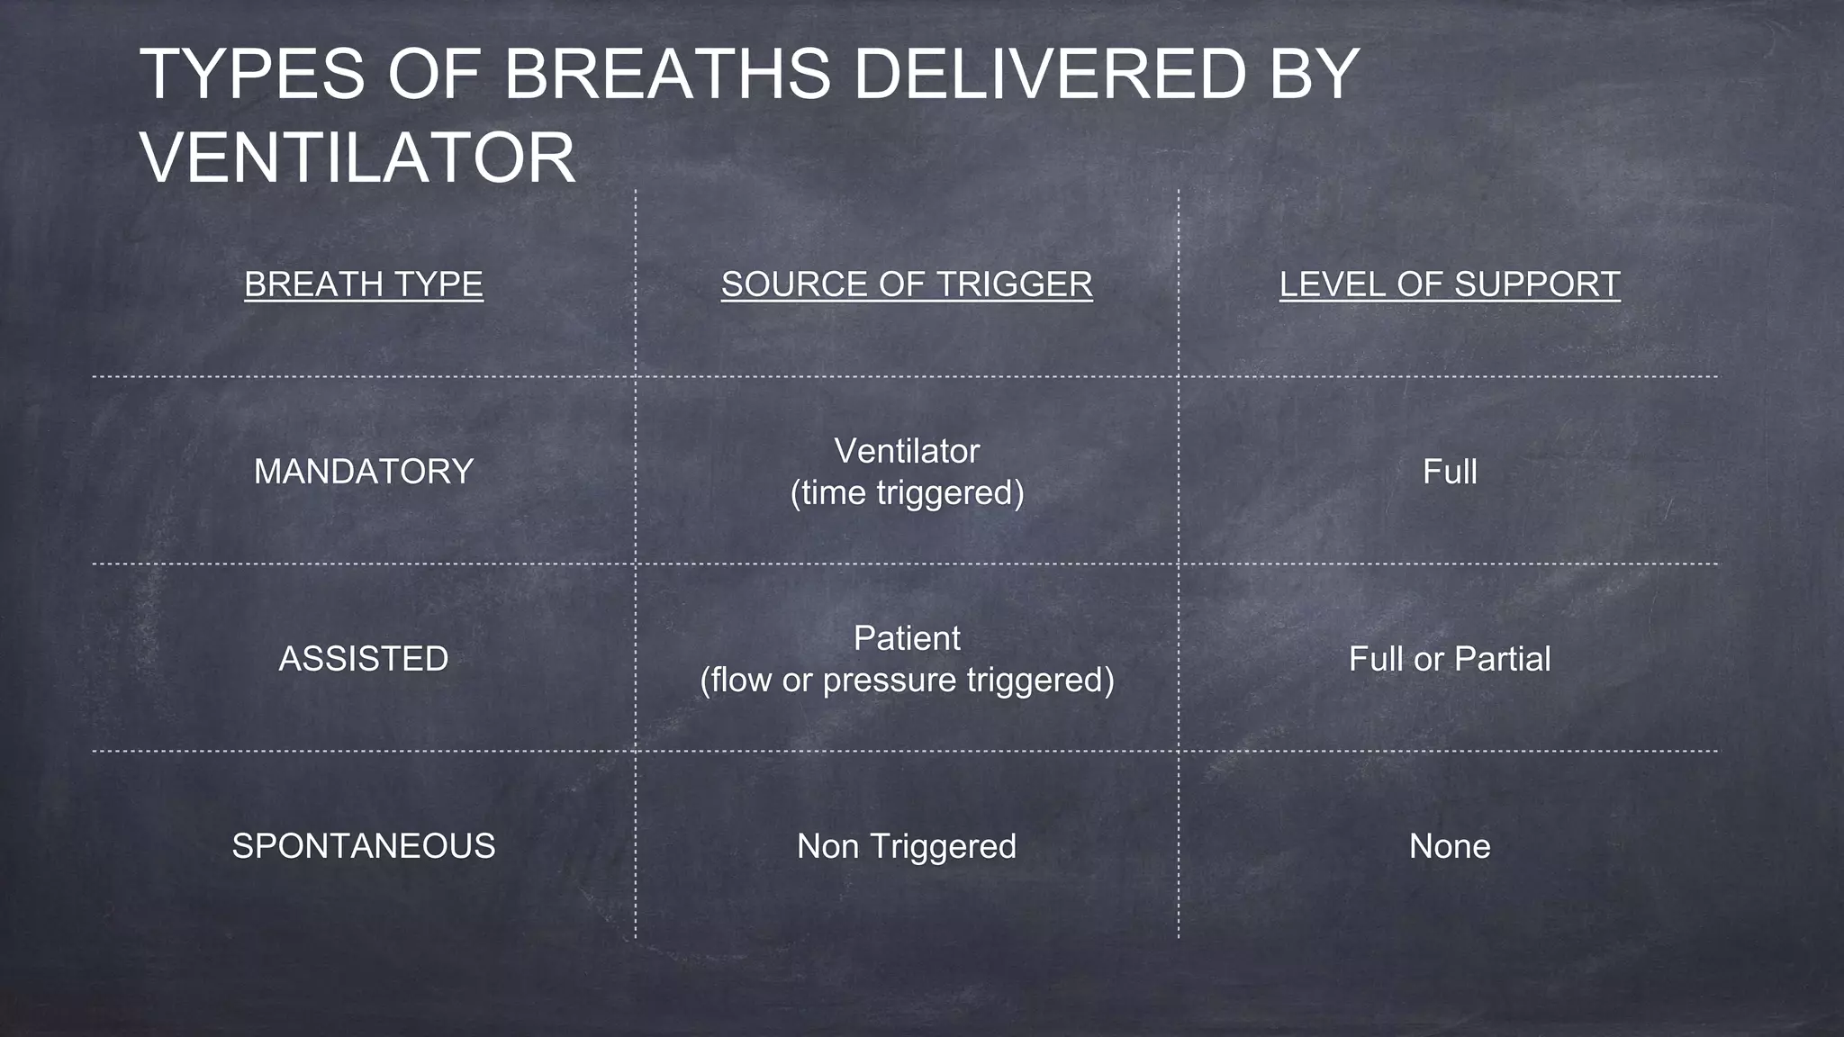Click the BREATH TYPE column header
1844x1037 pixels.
click(x=364, y=284)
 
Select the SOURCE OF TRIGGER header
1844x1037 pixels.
click(x=907, y=284)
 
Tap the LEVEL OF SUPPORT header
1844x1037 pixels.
click(x=1450, y=284)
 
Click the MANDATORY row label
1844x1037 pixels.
click(x=364, y=472)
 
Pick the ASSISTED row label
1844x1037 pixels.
click(x=364, y=659)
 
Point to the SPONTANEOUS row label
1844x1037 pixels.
click(x=364, y=846)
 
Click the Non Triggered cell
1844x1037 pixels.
click(x=907, y=846)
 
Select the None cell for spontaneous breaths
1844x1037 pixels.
click(x=1450, y=846)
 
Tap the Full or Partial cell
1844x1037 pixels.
click(x=1450, y=659)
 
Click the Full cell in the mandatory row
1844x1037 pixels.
click(x=1450, y=472)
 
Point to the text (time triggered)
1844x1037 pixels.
click(x=907, y=493)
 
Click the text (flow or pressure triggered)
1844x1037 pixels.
click(x=907, y=680)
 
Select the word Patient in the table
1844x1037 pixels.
click(x=907, y=638)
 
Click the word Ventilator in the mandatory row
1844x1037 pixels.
click(x=907, y=451)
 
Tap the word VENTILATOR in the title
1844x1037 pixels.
click(x=357, y=158)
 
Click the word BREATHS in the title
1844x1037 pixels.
click(x=667, y=74)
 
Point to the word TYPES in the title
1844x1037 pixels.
click(x=252, y=74)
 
